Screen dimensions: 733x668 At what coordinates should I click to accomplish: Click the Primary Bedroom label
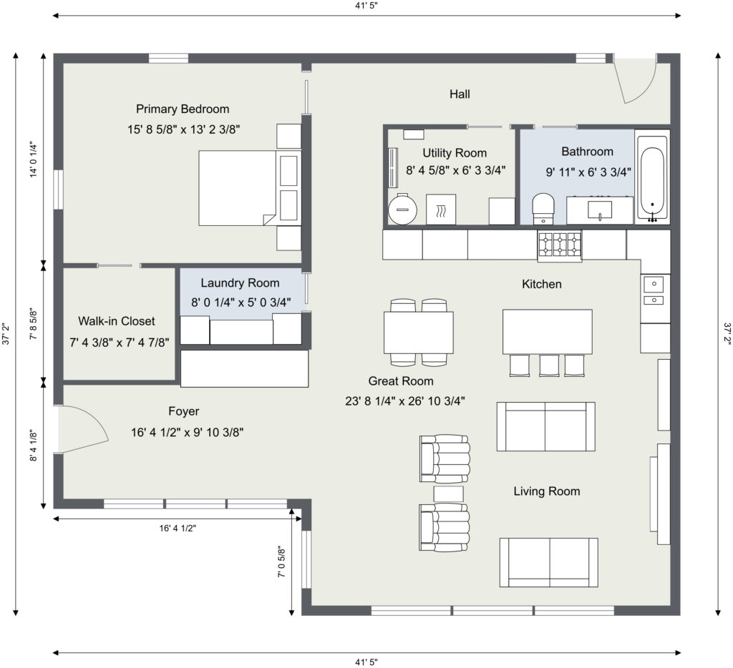(x=183, y=109)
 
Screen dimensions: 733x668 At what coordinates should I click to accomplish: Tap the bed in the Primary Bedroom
(x=237, y=188)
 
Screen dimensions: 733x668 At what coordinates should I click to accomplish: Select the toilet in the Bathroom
(x=543, y=209)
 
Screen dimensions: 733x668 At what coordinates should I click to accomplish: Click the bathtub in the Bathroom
(x=652, y=177)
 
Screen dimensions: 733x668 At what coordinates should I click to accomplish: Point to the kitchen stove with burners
(x=560, y=245)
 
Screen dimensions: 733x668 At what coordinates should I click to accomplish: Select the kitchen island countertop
(x=548, y=331)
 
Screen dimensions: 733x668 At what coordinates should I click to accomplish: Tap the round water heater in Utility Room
(x=402, y=210)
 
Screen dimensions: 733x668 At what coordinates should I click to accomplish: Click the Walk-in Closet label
(x=117, y=321)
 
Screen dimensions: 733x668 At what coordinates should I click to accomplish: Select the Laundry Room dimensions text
(x=241, y=303)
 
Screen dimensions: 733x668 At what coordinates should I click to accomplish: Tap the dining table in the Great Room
(x=418, y=332)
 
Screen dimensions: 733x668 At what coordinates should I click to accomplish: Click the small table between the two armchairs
(x=448, y=493)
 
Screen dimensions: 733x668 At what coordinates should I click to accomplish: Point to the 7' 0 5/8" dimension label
(x=281, y=561)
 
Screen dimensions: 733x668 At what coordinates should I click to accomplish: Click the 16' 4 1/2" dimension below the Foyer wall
(x=178, y=529)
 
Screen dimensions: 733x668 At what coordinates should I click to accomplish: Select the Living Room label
(x=547, y=491)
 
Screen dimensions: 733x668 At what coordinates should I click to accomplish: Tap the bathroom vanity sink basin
(x=600, y=210)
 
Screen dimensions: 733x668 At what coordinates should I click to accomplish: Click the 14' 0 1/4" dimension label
(x=33, y=159)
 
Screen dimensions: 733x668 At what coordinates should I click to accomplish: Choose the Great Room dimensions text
(x=405, y=401)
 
